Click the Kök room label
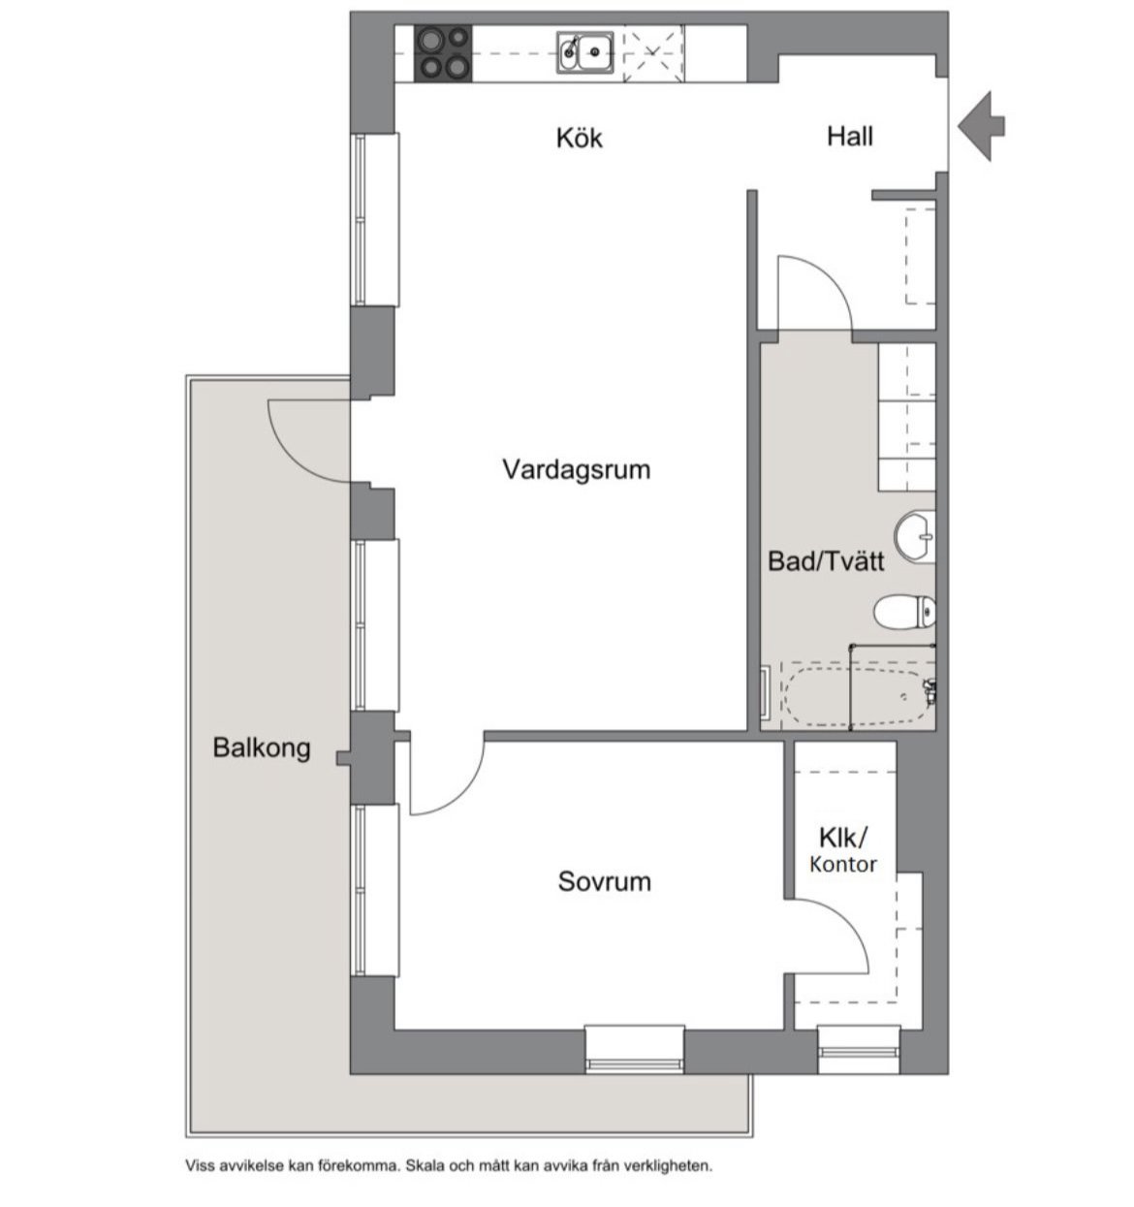(579, 138)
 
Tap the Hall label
(850, 136)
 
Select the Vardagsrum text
(576, 470)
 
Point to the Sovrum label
(604, 882)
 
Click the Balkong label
(262, 747)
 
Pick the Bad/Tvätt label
(826, 561)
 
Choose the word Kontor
(843, 864)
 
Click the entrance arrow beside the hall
(981, 126)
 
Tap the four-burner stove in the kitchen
(443, 53)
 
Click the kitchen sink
(584, 53)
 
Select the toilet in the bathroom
(905, 612)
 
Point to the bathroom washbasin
(915, 537)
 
